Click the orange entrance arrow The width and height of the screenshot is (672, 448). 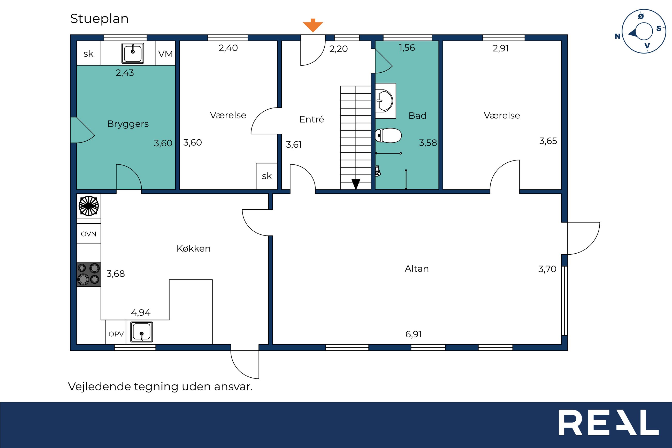pyautogui.click(x=313, y=25)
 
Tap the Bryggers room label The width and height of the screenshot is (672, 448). pyautogui.click(x=128, y=124)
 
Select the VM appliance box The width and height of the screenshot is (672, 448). pyautogui.click(x=165, y=54)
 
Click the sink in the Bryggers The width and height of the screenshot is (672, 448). pyautogui.click(x=133, y=53)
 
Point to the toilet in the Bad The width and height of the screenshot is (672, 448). pyautogui.click(x=388, y=135)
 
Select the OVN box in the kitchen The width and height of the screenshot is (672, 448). pyautogui.click(x=89, y=233)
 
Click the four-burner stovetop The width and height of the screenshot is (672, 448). pyautogui.click(x=89, y=274)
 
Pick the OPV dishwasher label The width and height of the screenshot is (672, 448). pyautogui.click(x=116, y=334)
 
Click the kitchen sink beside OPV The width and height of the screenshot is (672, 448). pyautogui.click(x=141, y=332)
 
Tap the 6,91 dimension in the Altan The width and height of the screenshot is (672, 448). pyautogui.click(x=413, y=334)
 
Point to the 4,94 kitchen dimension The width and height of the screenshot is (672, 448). pyautogui.click(x=141, y=313)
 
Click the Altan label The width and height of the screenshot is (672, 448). pyautogui.click(x=417, y=269)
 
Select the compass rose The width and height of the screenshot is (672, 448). pyautogui.click(x=644, y=31)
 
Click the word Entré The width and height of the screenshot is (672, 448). pyautogui.click(x=312, y=119)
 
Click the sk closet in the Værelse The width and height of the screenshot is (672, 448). pyautogui.click(x=267, y=176)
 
